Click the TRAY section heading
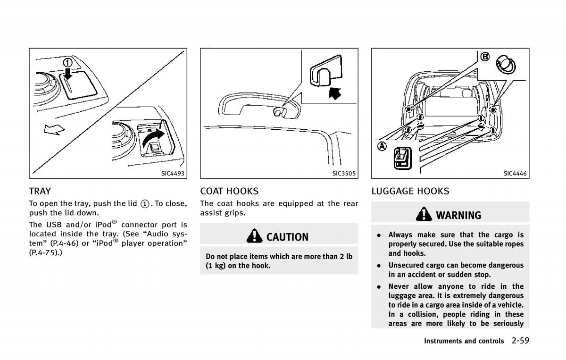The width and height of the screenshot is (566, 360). [x=40, y=191]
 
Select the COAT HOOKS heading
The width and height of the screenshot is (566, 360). [x=229, y=191]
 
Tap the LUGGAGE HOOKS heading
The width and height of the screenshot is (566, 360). [x=410, y=191]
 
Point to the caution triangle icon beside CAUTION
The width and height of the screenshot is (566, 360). [x=255, y=236]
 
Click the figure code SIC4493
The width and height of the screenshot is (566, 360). [x=174, y=174]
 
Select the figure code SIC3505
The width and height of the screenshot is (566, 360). [x=344, y=174]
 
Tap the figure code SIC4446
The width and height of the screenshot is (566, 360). [x=515, y=174]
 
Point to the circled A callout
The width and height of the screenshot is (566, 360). [x=382, y=146]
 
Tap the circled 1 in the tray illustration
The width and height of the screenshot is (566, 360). [x=68, y=63]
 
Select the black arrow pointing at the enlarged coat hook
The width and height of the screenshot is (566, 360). [x=334, y=92]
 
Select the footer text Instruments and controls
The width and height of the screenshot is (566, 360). [x=464, y=341]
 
